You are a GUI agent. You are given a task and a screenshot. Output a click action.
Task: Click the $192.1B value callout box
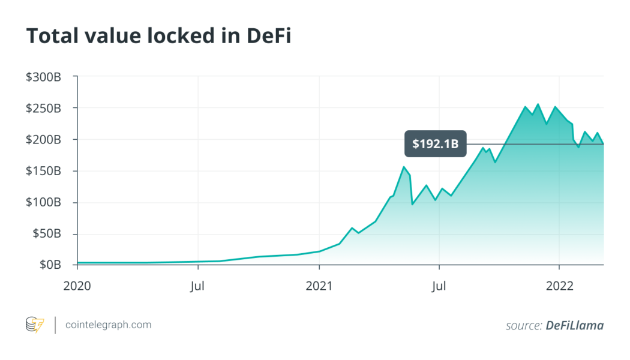click(x=435, y=144)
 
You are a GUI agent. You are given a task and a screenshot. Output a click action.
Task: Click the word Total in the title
click(x=50, y=36)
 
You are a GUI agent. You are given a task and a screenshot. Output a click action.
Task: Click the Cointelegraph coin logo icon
click(x=34, y=325)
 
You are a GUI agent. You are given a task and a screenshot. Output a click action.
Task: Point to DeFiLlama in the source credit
click(x=574, y=325)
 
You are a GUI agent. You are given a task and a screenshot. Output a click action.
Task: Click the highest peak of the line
click(x=538, y=104)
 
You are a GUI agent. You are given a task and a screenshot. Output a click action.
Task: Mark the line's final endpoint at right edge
click(x=603, y=144)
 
